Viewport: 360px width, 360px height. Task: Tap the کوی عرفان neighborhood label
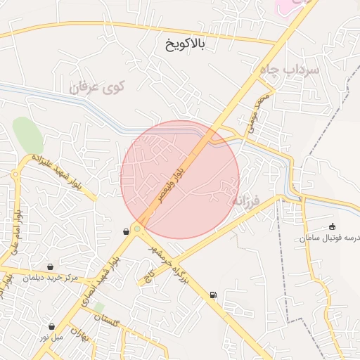coord(96,89)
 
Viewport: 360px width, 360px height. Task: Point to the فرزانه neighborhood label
coord(247,200)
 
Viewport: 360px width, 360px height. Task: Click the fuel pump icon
coord(213,295)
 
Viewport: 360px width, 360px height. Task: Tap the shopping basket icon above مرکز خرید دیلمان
coord(50,266)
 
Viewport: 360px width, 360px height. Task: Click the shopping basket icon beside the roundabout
coord(126,231)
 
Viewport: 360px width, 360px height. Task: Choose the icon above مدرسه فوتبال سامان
coord(332,226)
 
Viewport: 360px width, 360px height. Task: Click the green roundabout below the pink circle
coord(137,229)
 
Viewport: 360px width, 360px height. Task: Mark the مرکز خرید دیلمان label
coord(50,278)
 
